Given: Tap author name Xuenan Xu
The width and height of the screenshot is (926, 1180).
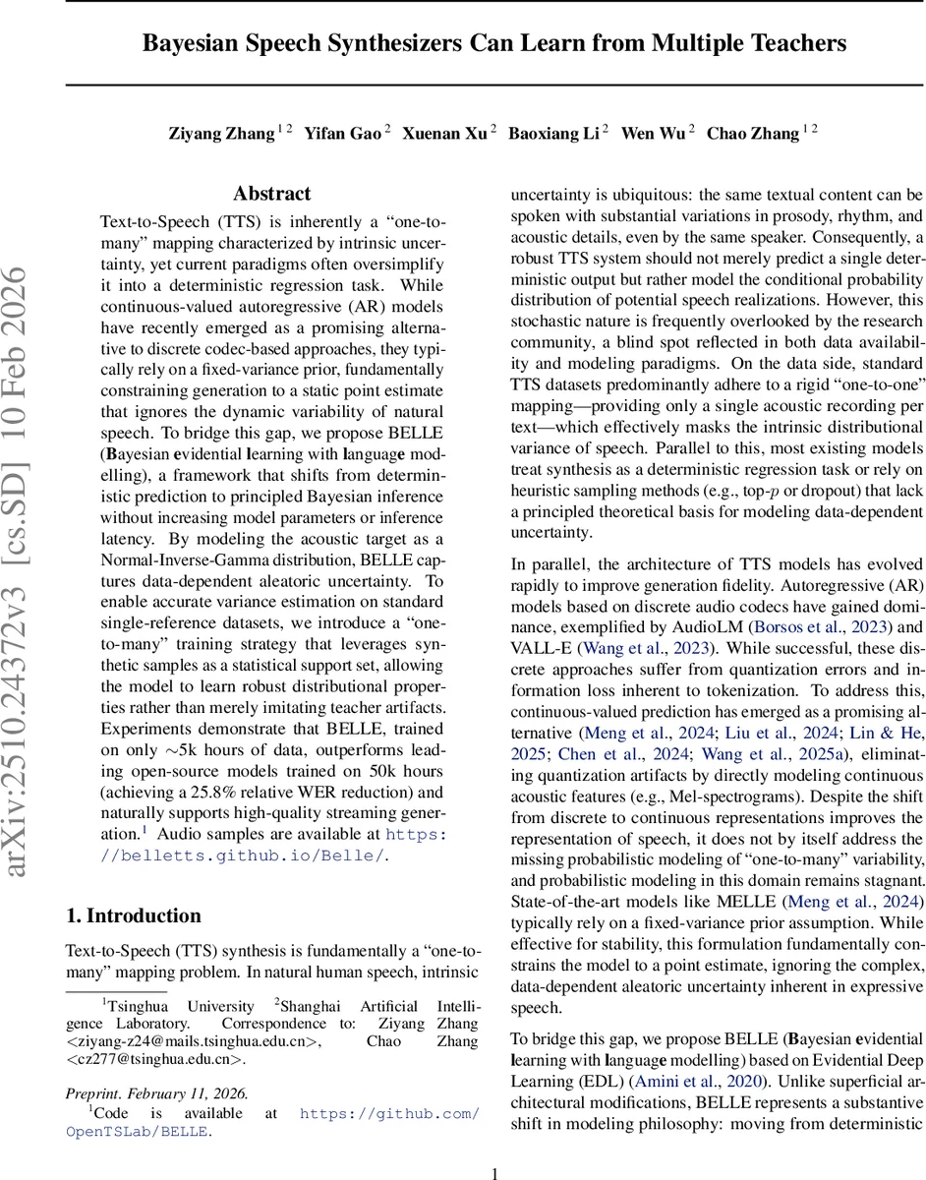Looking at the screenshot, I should (x=444, y=134).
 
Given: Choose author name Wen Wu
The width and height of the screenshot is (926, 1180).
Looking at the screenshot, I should (x=653, y=134).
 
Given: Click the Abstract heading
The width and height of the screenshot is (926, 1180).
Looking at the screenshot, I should (x=272, y=194).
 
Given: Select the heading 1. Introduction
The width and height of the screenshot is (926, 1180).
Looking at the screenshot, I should (x=133, y=915).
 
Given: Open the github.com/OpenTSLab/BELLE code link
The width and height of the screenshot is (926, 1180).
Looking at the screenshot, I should (x=389, y=1113).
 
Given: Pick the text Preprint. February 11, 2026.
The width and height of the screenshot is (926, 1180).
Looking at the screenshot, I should (x=157, y=1092).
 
